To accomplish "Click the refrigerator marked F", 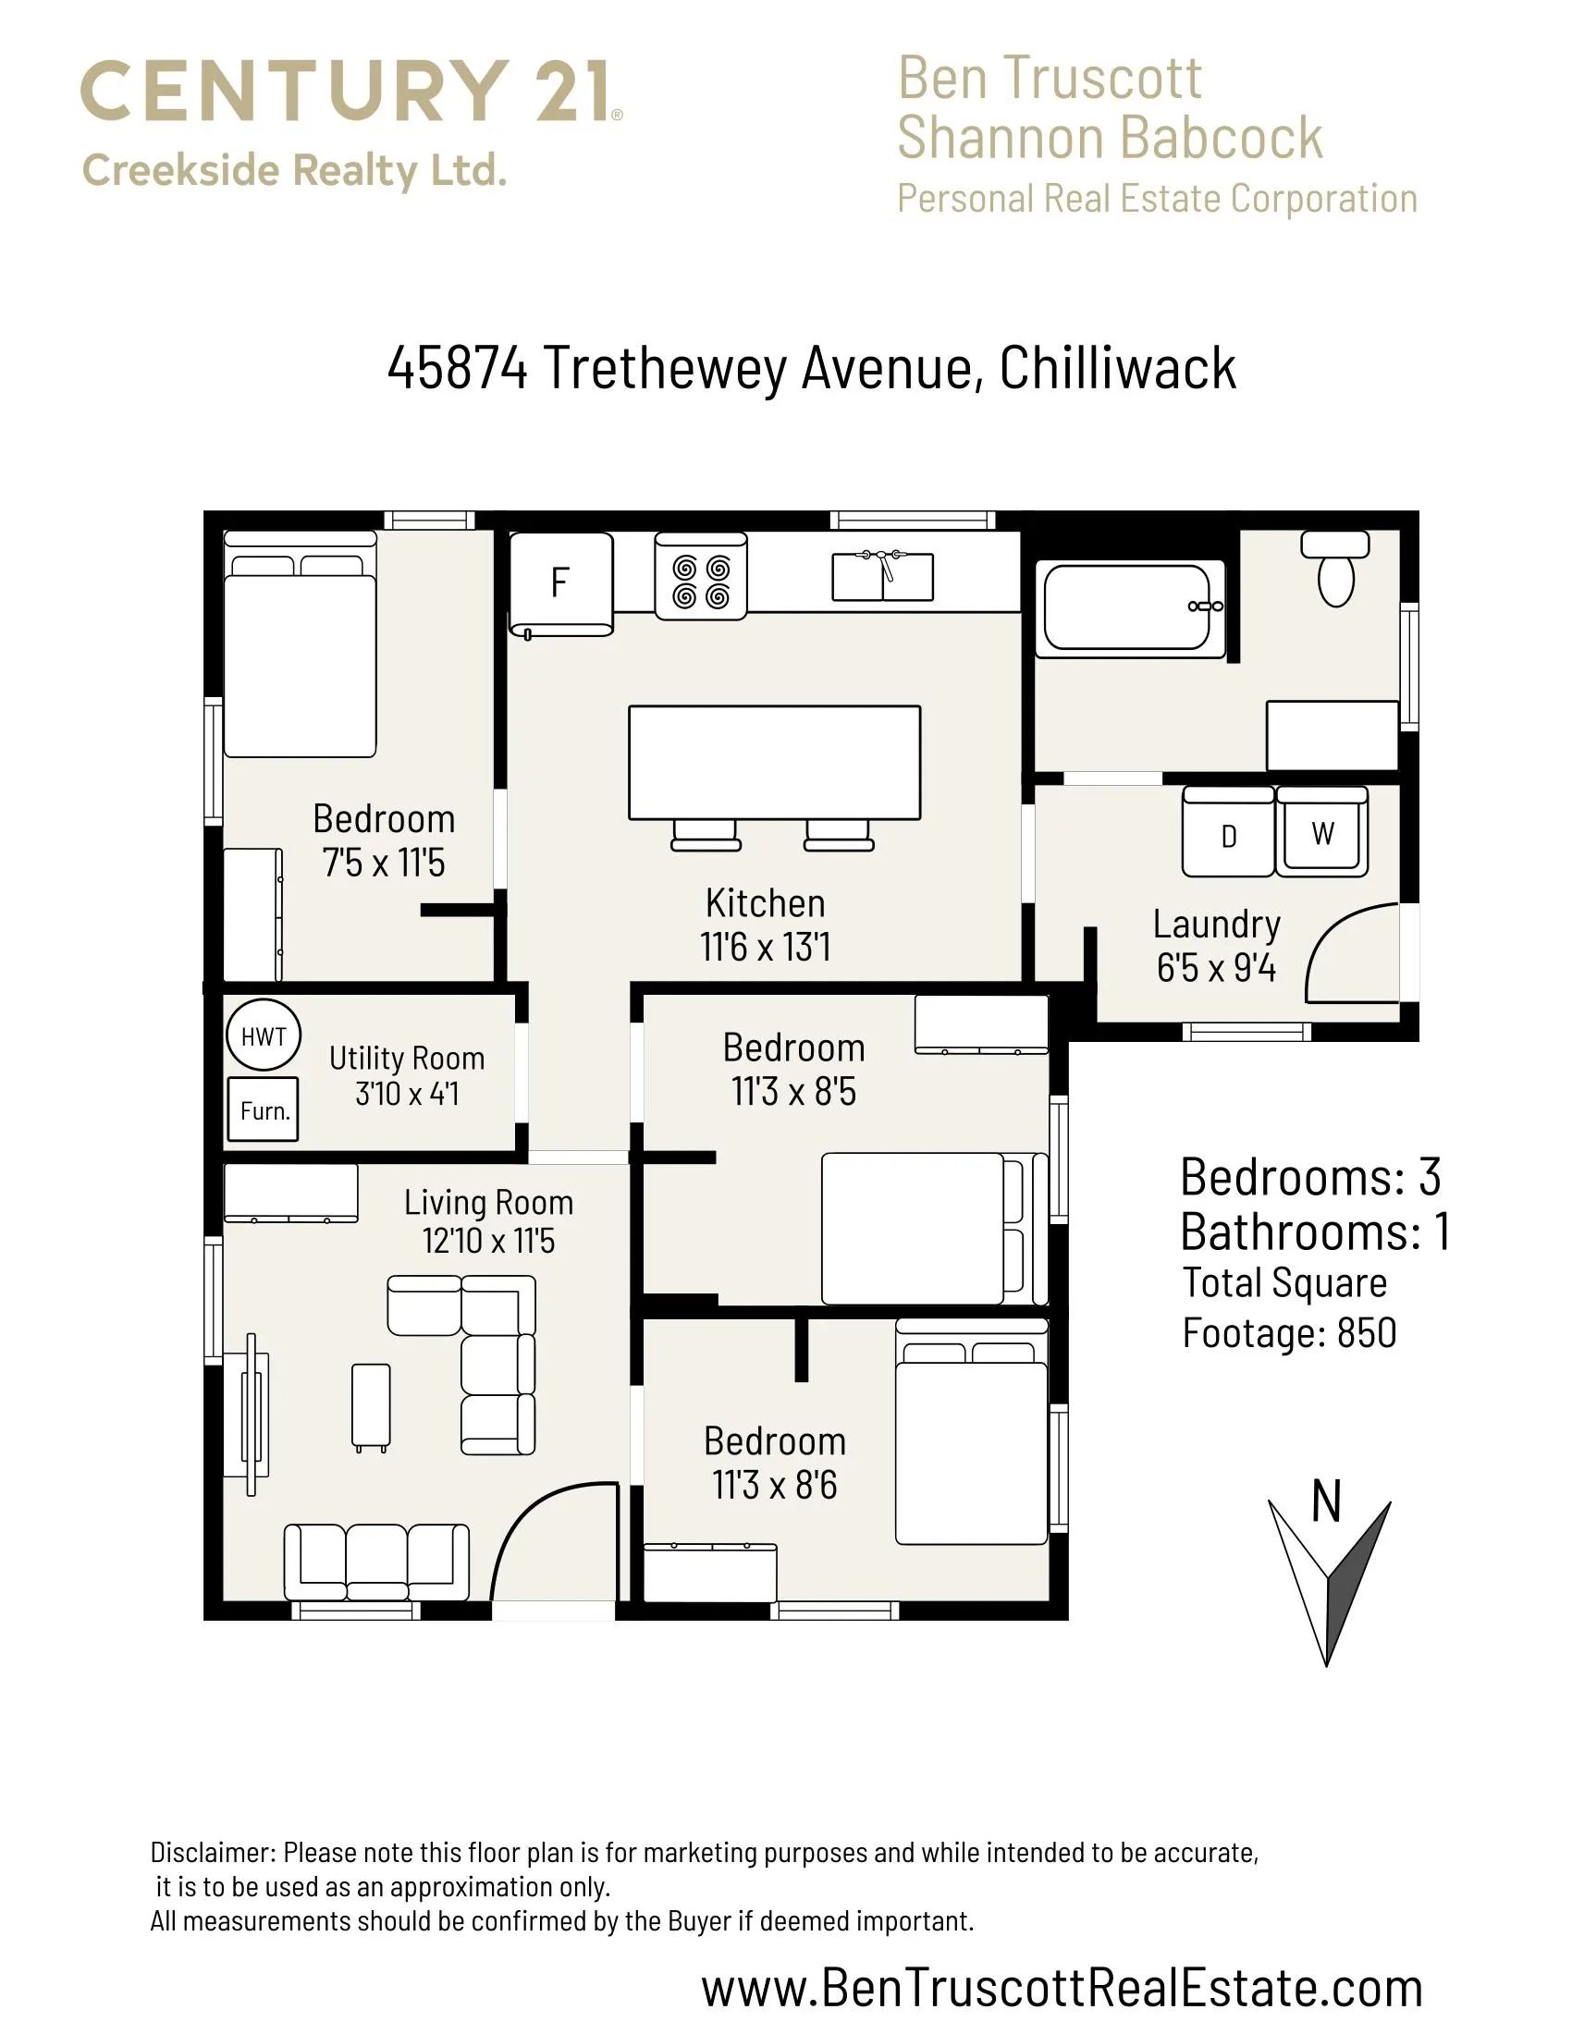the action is click(560, 584).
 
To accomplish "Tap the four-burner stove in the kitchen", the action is click(701, 576).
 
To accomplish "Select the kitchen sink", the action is click(882, 575).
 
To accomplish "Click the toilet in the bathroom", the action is click(1335, 567).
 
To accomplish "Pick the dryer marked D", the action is click(1228, 831).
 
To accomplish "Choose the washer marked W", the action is click(1322, 831).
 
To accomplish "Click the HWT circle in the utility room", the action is click(264, 1035).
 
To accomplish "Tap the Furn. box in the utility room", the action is click(264, 1109).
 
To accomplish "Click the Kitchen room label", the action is click(766, 903).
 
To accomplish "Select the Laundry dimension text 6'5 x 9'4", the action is click(1216, 969).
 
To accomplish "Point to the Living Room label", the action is click(489, 1202).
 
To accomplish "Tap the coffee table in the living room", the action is click(372, 1407).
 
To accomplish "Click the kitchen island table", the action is click(775, 763).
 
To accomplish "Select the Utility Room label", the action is click(407, 1058).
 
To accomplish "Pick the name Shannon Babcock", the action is click(1110, 137).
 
